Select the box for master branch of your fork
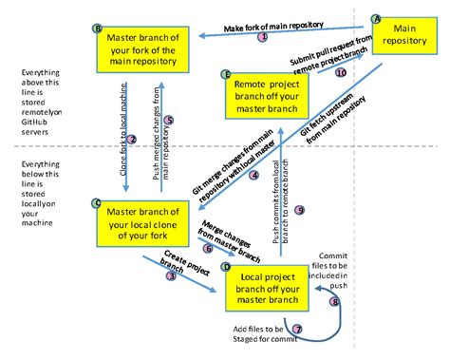(x=142, y=48)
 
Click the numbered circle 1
(x=264, y=36)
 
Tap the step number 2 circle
(x=132, y=140)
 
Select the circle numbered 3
(x=171, y=276)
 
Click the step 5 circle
(x=169, y=120)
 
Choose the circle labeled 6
(x=208, y=249)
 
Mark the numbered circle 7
(x=297, y=330)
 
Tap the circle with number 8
(x=333, y=301)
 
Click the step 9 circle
(x=299, y=210)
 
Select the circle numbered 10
(x=341, y=72)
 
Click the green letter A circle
(x=377, y=18)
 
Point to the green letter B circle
(x=98, y=28)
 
